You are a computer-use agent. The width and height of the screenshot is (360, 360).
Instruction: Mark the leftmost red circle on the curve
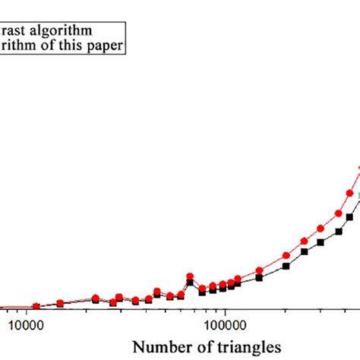[x=35, y=307]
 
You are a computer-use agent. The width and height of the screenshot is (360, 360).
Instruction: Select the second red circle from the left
[x=60, y=304]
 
